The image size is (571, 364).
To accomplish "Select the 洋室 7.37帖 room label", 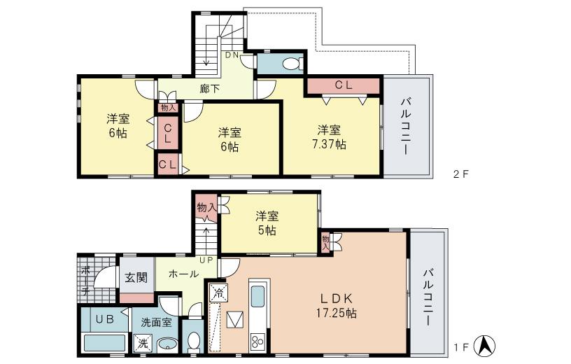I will coord(329,137).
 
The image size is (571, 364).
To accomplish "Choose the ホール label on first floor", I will coord(183,275).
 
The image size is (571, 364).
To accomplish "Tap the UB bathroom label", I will coord(104,319).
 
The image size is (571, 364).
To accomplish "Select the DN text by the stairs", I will coord(232,55).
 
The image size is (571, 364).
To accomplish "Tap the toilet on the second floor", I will coord(289,64).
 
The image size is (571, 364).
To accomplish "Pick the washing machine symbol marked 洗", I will coord(142,344).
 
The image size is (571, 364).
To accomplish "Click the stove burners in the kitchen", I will coord(256,342).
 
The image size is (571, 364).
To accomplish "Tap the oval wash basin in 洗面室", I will coord(167,344).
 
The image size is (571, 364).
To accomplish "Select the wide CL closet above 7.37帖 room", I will coord(342,85).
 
